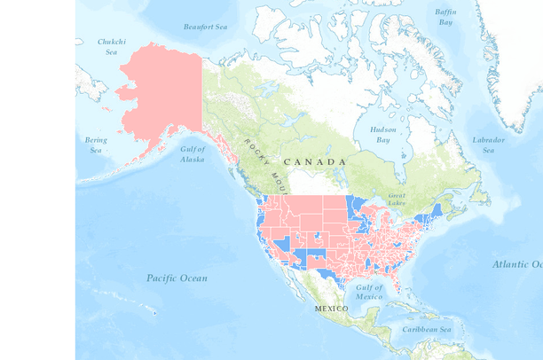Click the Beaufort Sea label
(x=206, y=27)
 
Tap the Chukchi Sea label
(x=112, y=46)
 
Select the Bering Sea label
(x=96, y=145)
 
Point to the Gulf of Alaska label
(x=193, y=153)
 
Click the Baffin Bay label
(x=445, y=17)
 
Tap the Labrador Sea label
(x=488, y=145)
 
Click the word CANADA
(x=315, y=162)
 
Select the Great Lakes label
(x=397, y=200)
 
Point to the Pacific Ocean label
(x=177, y=278)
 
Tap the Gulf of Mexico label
(x=369, y=292)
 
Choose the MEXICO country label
(x=331, y=309)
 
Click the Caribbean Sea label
(x=427, y=330)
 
